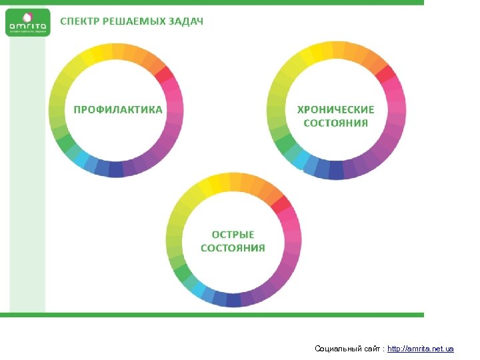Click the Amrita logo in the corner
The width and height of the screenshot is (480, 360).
click(28, 22)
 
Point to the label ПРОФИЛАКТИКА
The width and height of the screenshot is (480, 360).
click(117, 109)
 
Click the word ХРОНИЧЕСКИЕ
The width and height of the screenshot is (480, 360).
click(335, 109)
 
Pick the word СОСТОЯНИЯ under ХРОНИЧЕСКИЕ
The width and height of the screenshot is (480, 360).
click(335, 123)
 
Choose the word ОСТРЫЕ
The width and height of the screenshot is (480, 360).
click(233, 235)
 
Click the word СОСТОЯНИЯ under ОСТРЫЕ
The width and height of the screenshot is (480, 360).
click(233, 248)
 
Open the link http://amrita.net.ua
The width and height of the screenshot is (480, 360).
click(421, 349)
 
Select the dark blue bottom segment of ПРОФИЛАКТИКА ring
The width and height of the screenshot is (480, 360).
click(116, 169)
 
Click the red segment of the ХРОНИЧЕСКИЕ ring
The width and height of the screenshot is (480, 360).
click(385, 73)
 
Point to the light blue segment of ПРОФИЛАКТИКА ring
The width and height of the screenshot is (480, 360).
click(81, 158)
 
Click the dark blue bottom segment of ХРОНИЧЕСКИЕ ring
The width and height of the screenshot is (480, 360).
click(336, 171)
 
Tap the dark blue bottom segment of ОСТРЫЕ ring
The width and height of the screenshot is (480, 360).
click(233, 299)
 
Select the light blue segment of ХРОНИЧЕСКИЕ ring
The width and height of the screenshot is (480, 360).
click(301, 159)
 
